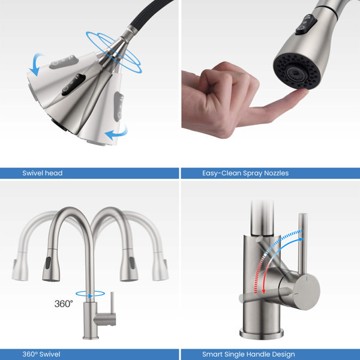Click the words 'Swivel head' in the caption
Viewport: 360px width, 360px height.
point(43,173)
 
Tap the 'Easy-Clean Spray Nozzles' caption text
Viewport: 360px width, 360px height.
point(245,173)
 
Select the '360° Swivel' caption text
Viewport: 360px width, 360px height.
point(41,354)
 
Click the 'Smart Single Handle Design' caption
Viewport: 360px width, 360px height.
point(248,354)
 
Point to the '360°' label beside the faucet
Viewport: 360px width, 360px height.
point(64,304)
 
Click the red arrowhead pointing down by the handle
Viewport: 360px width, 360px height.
point(263,292)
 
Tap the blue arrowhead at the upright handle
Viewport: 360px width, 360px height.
point(301,239)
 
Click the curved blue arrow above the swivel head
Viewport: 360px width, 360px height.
point(37,64)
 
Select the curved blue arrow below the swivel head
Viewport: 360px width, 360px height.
point(117,133)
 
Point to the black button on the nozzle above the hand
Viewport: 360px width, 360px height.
point(306,25)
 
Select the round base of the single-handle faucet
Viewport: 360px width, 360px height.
point(261,334)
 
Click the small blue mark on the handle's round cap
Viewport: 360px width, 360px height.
point(307,278)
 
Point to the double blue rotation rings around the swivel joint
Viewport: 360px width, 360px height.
point(114,52)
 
